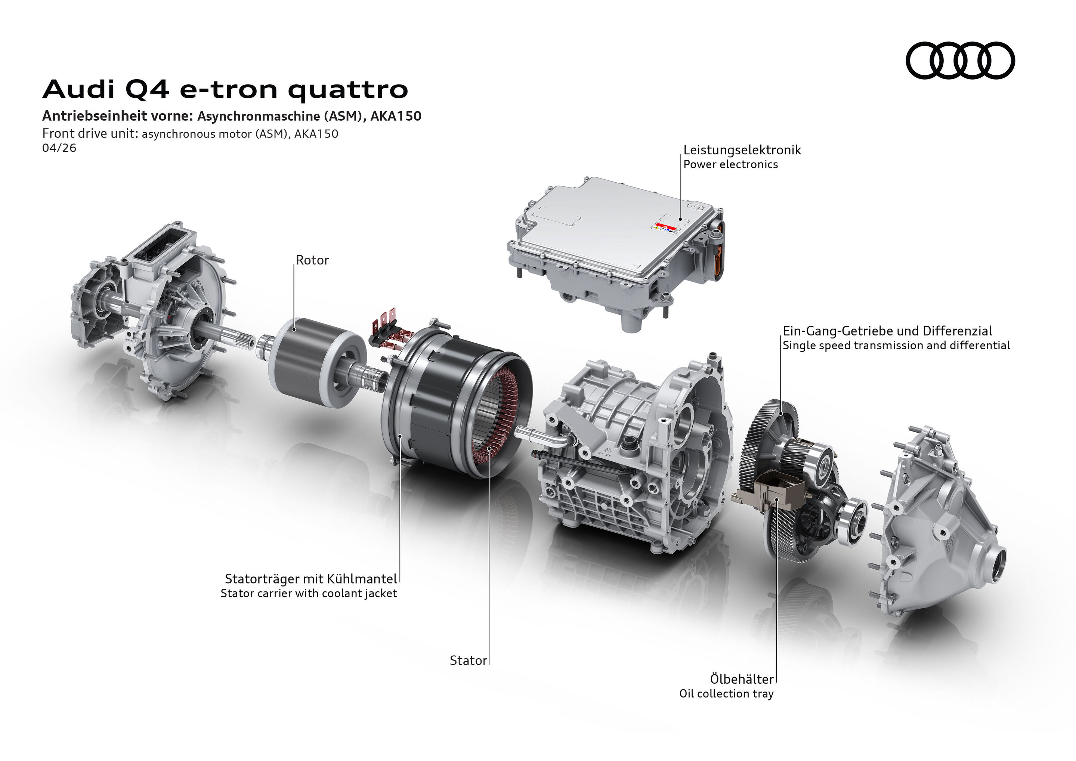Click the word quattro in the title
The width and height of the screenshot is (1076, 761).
click(348, 90)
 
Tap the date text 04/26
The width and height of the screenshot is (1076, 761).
click(59, 148)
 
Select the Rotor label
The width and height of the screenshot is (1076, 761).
click(312, 260)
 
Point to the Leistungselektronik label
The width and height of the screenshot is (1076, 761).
click(742, 150)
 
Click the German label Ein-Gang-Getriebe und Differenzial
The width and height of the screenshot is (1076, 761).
click(887, 331)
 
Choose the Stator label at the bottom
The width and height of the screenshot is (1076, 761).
click(468, 661)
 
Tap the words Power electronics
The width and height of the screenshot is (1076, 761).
click(730, 164)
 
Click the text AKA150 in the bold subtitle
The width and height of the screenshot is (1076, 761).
click(396, 116)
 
